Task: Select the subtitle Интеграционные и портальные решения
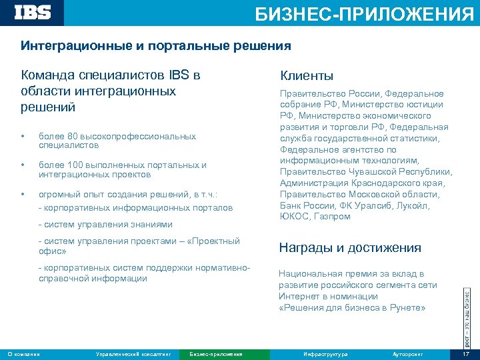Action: point(155,46)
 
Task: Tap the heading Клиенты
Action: point(306,76)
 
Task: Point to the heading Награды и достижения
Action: point(349,248)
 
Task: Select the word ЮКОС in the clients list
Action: point(293,217)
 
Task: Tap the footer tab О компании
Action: point(24,353)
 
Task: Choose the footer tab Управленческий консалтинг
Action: point(134,353)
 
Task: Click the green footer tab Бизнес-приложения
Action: point(215,353)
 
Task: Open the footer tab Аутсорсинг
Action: point(408,353)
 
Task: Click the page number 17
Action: point(466,353)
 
